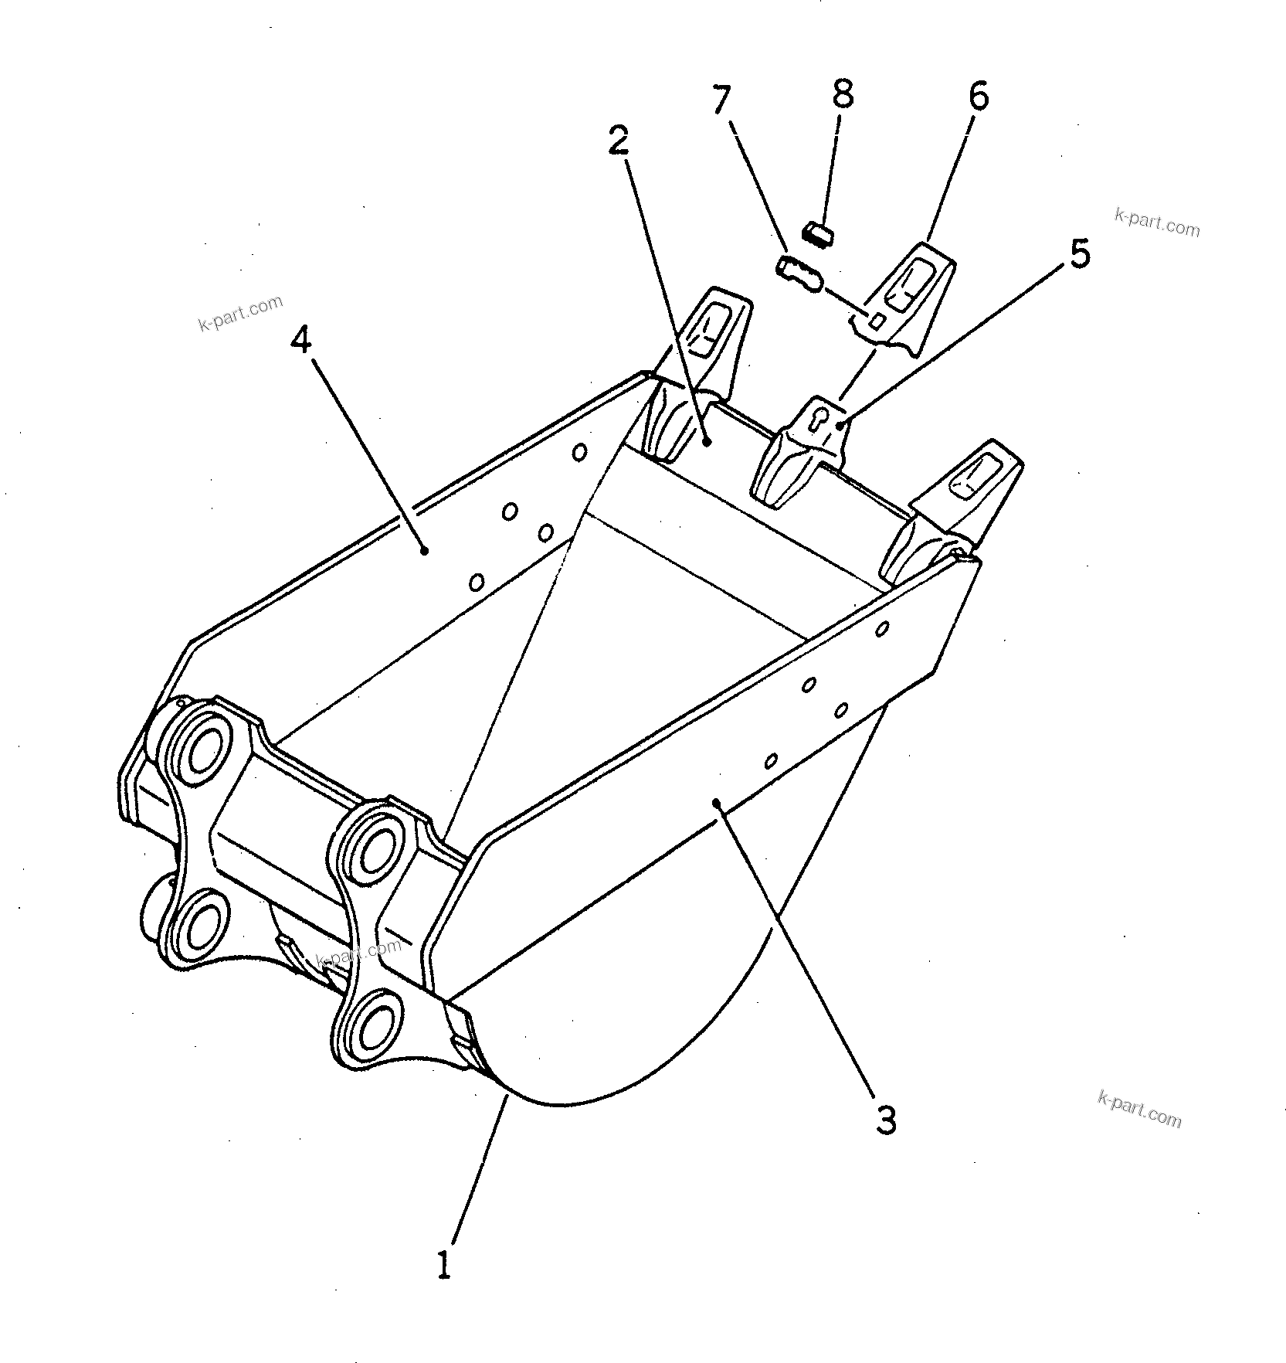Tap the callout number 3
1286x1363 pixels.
pos(886,1120)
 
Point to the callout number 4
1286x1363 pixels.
pos(301,338)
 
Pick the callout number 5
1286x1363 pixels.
pos(1079,254)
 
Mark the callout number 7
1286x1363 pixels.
pos(720,100)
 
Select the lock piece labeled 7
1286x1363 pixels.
pos(799,274)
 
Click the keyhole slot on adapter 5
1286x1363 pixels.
pos(821,418)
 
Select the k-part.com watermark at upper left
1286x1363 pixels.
pos(240,313)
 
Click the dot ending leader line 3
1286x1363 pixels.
pos(718,804)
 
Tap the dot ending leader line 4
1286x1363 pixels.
pos(424,549)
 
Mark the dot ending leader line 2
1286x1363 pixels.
pos(707,442)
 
